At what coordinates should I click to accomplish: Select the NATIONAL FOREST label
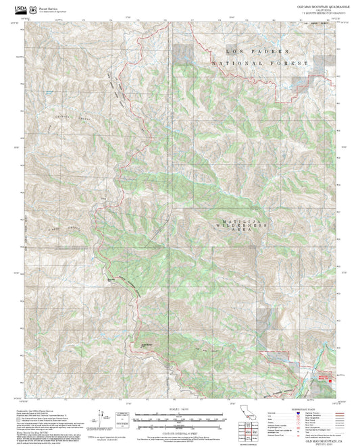pos(260,63)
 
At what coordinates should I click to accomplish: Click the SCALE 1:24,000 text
pos(179,409)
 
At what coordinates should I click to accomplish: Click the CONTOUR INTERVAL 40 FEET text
pos(179,431)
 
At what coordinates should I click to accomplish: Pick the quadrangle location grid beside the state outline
pos(248,432)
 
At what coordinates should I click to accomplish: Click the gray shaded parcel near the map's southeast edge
pos(270,338)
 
